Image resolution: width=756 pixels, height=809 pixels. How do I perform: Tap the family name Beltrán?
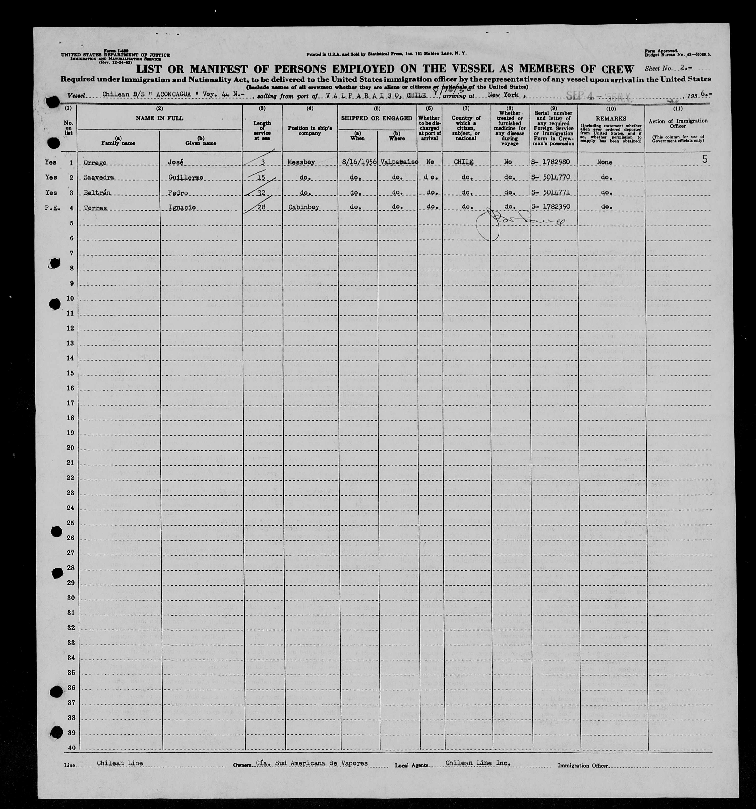coord(96,193)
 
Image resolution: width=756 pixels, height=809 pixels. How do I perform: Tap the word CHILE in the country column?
coord(464,162)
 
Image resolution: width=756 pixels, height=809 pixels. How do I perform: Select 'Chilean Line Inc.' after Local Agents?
coord(478,763)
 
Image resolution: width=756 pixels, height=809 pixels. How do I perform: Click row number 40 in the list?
coord(71,748)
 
